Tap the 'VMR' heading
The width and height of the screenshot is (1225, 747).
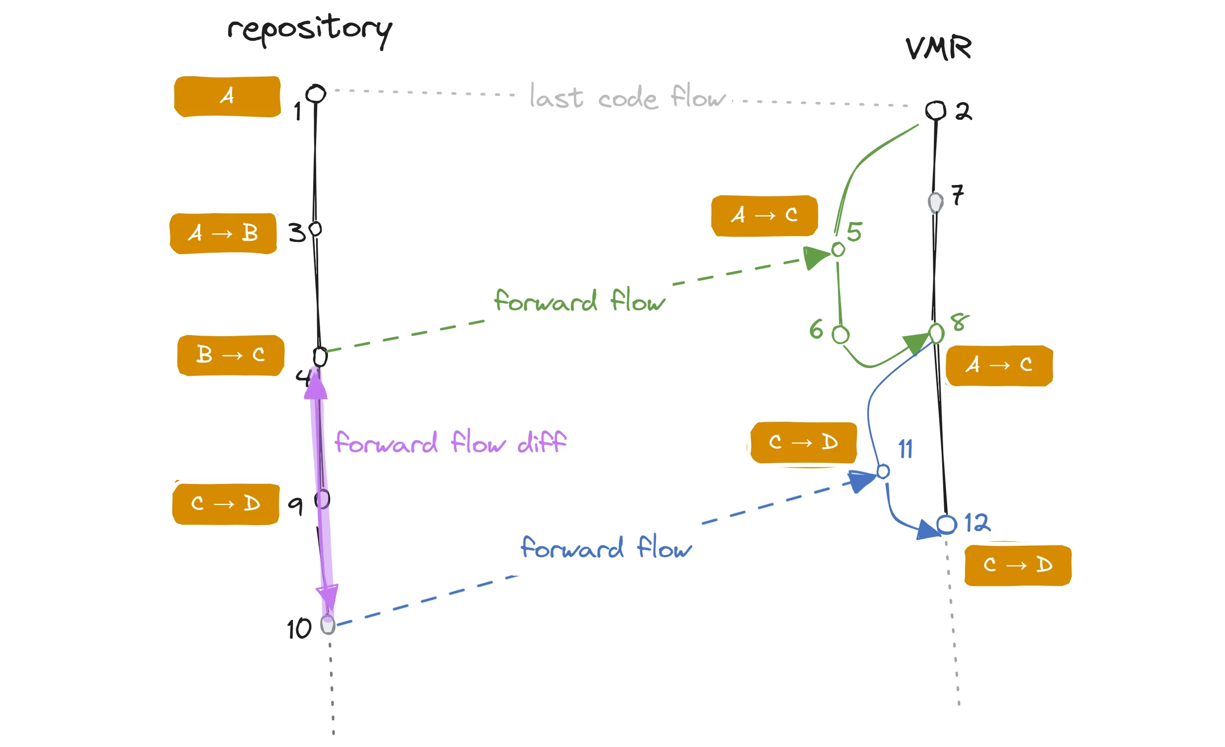938,48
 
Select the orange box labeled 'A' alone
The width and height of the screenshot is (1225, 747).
227,96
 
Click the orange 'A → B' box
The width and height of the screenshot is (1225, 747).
223,234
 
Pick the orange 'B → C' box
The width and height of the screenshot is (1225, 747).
231,355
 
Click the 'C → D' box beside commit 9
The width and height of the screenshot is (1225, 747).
226,504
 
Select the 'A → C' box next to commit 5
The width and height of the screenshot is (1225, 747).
764,215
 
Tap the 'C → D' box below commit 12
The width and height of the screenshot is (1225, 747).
1018,565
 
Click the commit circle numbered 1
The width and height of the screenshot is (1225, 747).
316,94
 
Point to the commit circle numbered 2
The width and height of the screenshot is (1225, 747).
936,110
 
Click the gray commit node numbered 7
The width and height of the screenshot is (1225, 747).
936,203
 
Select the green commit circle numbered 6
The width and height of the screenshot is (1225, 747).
841,335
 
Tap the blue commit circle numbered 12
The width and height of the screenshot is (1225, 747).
947,525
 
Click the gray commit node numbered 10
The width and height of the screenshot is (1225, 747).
327,625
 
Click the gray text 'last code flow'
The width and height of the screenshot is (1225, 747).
627,97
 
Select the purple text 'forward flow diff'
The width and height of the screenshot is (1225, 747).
450,442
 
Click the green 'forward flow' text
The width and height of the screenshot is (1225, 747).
579,301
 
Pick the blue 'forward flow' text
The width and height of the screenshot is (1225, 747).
605,548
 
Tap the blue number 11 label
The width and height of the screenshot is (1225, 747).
905,449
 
